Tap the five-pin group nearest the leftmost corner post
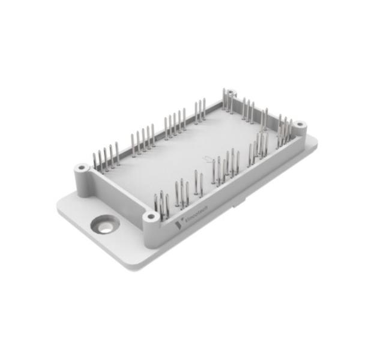point(106,157)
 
